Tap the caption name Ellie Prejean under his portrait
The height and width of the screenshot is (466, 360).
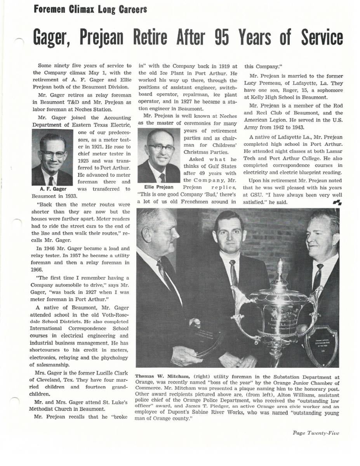pyautogui.click(x=158, y=187)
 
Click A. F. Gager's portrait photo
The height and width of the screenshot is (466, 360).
pyautogui.click(x=52, y=158)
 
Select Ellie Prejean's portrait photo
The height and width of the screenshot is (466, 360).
pyautogui.click(x=159, y=156)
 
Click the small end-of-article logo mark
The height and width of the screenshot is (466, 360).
pyautogui.click(x=337, y=202)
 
